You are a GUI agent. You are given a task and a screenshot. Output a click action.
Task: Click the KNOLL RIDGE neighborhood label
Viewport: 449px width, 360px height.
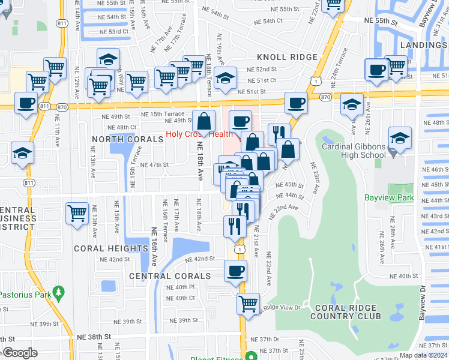[287, 57]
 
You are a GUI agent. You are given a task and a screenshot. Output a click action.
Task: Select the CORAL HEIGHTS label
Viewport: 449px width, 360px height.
[110, 248]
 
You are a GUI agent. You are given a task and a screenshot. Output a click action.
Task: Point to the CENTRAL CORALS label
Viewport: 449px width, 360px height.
[170, 276]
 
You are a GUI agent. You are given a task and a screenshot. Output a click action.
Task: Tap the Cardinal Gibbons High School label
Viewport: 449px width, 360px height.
[353, 151]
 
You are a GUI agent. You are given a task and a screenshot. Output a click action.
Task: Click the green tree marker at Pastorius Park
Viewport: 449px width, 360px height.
[58, 292]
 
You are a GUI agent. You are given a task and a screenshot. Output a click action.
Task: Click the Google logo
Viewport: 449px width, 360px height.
[20, 353]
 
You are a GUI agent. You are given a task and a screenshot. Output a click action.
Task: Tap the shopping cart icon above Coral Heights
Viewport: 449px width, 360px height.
[77, 214]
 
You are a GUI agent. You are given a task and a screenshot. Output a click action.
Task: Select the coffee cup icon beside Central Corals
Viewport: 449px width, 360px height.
[236, 270]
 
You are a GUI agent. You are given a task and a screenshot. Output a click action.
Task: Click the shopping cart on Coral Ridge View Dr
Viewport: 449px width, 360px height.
[248, 303]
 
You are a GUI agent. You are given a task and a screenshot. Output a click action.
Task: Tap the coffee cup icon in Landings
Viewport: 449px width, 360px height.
[376, 70]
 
